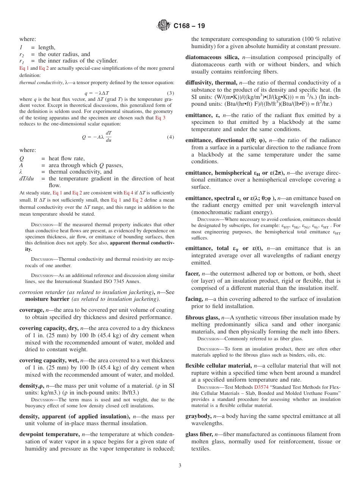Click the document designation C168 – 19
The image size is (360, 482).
189,26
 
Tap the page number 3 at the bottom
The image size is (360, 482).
180,465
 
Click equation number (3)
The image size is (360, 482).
171,93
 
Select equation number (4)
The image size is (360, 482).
171,137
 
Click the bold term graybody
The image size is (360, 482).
199,416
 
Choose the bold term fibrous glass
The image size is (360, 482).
202,318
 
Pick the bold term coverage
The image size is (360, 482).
31,310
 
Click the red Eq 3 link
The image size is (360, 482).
160,118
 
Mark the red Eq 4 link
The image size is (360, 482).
128,193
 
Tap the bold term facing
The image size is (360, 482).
194,299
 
